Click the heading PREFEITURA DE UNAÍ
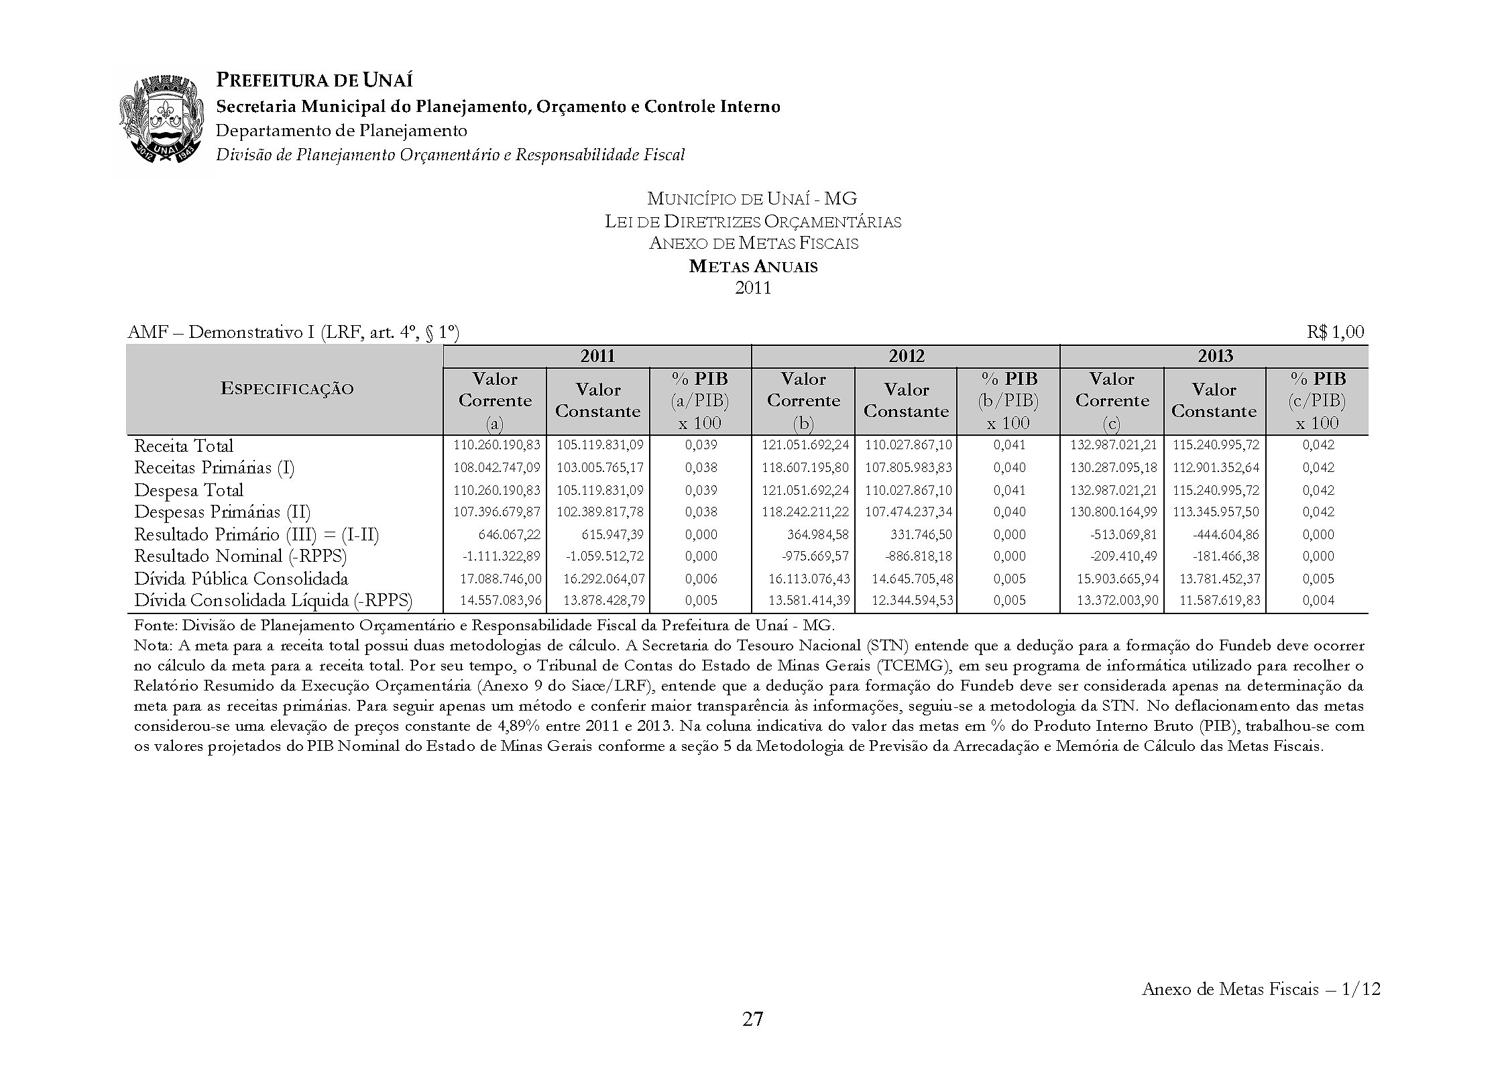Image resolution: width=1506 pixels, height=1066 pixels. [314, 80]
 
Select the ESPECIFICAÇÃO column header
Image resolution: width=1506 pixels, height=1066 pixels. [287, 390]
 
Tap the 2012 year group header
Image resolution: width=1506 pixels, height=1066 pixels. [906, 356]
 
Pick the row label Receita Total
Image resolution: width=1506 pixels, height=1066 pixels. [184, 446]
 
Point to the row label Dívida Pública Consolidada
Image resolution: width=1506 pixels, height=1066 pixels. [241, 579]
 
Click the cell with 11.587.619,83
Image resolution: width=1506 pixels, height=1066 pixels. [1220, 600]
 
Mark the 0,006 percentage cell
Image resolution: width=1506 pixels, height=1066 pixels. [701, 579]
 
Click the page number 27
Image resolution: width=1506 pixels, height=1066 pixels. [752, 1019]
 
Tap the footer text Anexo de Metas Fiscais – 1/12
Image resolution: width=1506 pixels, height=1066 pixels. [1261, 989]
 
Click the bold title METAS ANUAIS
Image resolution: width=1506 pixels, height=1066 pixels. [753, 266]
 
